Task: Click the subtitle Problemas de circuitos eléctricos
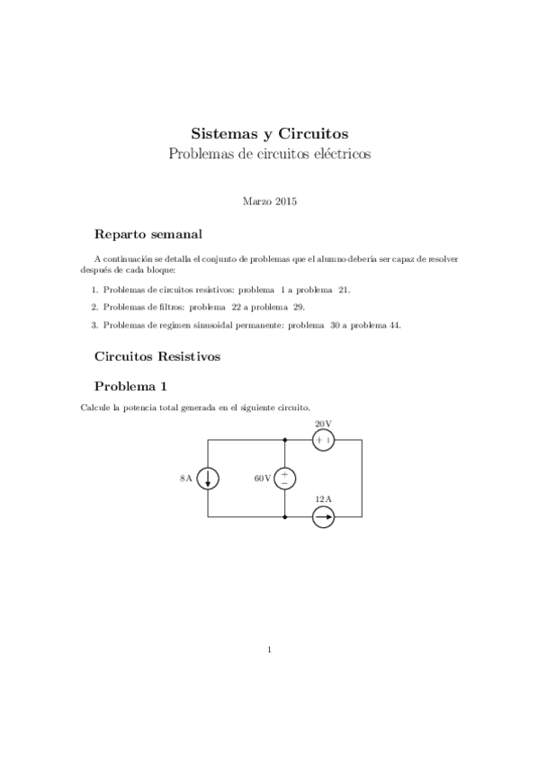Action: (x=269, y=154)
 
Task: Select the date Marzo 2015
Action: (x=269, y=202)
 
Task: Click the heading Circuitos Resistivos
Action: (x=157, y=356)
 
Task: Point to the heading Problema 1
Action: (x=130, y=387)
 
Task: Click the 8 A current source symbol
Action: (x=208, y=479)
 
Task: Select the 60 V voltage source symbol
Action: (x=285, y=479)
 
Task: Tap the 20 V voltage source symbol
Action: (x=324, y=440)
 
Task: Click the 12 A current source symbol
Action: (x=324, y=516)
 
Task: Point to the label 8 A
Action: (x=185, y=479)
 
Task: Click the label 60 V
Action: (x=262, y=479)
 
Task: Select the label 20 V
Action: (x=323, y=423)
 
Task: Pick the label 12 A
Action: (x=323, y=499)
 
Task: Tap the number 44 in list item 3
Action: (x=395, y=326)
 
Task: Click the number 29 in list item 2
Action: (x=299, y=308)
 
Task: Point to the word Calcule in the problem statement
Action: (x=94, y=408)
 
